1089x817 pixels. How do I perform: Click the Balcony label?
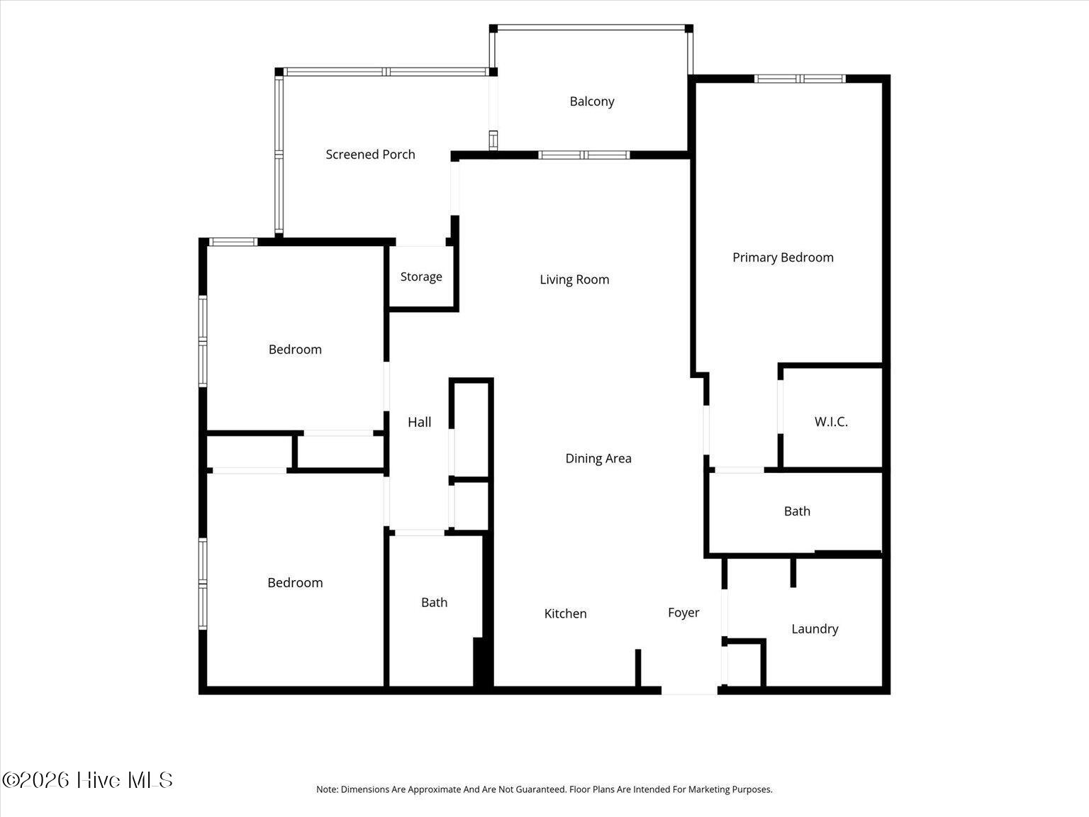tap(592, 101)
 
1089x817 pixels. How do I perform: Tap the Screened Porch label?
tap(370, 155)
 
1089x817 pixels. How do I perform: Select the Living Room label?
tap(574, 279)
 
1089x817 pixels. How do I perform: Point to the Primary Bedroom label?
tap(783, 257)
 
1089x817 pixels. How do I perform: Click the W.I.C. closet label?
tap(831, 422)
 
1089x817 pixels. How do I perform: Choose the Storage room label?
tap(421, 277)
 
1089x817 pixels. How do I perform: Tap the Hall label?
tap(419, 422)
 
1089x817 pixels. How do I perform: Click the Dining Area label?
tap(598, 458)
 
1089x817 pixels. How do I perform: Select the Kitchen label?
tap(565, 613)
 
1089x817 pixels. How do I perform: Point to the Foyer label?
tap(683, 613)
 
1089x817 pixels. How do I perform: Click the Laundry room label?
tap(815, 629)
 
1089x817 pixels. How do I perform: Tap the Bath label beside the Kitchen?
tap(434, 602)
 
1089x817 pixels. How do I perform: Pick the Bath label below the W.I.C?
tap(797, 511)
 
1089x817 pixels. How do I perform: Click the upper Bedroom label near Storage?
tap(295, 350)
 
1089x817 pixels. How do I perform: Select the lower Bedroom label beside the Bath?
tap(295, 582)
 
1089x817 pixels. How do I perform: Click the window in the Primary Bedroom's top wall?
tap(799, 79)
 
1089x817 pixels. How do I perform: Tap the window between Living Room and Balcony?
tap(584, 155)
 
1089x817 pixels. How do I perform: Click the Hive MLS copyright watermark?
tap(87, 780)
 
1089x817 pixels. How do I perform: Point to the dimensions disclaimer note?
tap(544, 789)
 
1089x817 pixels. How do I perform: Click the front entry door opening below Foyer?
tap(689, 691)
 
